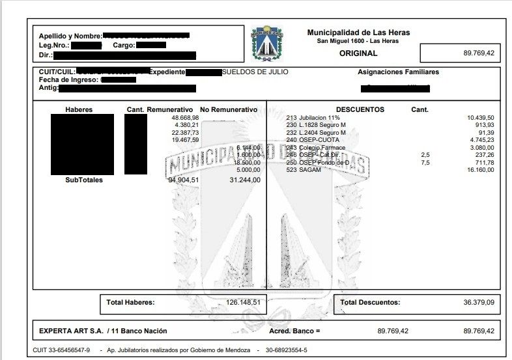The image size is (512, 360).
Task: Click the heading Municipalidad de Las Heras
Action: click(358, 33)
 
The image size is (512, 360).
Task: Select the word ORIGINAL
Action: click(358, 53)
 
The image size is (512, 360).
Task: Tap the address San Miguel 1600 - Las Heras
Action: click(358, 41)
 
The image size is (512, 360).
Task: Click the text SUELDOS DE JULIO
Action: click(255, 72)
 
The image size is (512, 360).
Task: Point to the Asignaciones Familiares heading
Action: click(398, 72)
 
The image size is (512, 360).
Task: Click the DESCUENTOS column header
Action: click(360, 109)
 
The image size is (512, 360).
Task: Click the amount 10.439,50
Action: click(481, 118)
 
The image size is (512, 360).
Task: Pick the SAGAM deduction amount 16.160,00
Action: click(481, 170)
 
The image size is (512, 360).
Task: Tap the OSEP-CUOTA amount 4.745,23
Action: click(481, 139)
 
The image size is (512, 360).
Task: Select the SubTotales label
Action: click(84, 180)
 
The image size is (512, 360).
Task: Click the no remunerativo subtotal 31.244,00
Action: click(245, 180)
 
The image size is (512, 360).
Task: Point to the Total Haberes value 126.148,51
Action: click(243, 302)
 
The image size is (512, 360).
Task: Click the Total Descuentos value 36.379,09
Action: click(478, 302)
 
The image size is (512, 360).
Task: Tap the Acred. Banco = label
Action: click(295, 331)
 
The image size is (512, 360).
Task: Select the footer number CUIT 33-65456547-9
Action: click(61, 350)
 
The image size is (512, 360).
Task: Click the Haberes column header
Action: click(79, 109)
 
